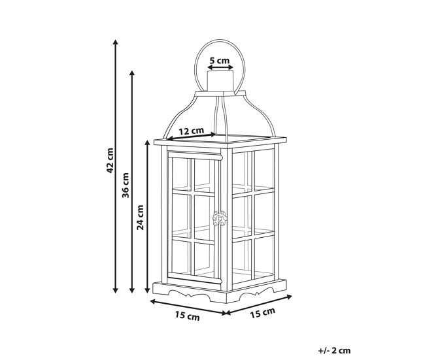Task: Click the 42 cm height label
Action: point(110,160)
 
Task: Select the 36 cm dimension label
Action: point(126,186)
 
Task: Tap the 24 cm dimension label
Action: point(140,218)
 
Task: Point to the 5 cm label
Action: point(219,60)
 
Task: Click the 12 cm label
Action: point(192,131)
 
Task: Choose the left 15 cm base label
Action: point(187,316)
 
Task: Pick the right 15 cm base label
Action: point(262,313)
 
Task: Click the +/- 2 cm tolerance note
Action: point(334,350)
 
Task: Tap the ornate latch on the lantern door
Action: point(220,218)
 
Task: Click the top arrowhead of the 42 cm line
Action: point(116,42)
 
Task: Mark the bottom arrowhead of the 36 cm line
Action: point(132,290)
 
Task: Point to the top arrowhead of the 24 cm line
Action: point(148,143)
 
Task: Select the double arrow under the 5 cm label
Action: point(220,67)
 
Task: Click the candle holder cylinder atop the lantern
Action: point(220,81)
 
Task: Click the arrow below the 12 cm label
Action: point(192,137)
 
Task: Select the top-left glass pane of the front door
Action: point(182,172)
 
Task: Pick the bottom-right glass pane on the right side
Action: point(264,255)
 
